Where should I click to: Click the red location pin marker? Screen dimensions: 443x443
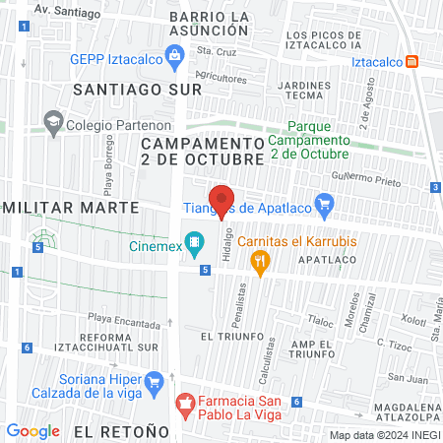pyautogui.click(x=221, y=201)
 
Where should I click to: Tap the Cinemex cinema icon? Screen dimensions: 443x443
pyautogui.click(x=196, y=240)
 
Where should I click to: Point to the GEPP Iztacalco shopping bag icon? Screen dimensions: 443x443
pyautogui.click(x=174, y=57)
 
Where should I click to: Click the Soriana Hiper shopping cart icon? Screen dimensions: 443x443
pyautogui.click(x=154, y=381)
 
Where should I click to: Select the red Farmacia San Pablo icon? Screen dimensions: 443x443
pyautogui.click(x=183, y=403)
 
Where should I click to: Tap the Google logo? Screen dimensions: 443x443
pyautogui.click(x=32, y=431)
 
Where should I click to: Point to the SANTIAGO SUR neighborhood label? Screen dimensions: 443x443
pyautogui.click(x=137, y=89)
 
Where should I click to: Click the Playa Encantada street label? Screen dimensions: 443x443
pyautogui.click(x=123, y=318)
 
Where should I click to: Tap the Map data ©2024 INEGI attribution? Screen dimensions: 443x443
pyautogui.click(x=383, y=434)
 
